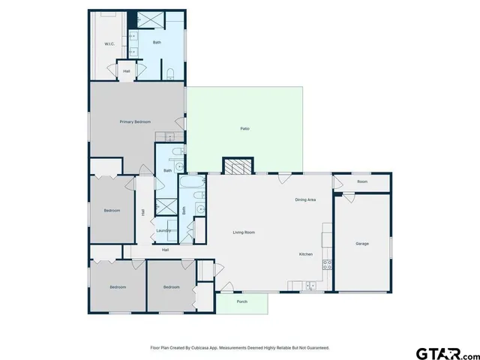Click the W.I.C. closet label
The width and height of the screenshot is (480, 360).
(109, 44)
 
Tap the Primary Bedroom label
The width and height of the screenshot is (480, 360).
(136, 121)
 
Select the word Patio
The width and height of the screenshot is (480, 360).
(244, 129)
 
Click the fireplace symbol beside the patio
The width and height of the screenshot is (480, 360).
(238, 166)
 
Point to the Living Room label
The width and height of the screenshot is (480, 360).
(244, 232)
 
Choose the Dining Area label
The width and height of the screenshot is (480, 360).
(304, 199)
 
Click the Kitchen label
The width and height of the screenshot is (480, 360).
(306, 255)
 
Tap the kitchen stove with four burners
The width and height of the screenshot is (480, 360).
(327, 263)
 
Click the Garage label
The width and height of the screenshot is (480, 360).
(361, 244)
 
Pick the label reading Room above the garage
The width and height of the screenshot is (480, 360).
(362, 181)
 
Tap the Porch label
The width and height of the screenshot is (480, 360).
(241, 301)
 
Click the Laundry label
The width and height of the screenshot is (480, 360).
(163, 230)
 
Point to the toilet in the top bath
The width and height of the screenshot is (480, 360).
(170, 73)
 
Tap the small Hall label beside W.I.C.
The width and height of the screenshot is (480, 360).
(127, 71)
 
